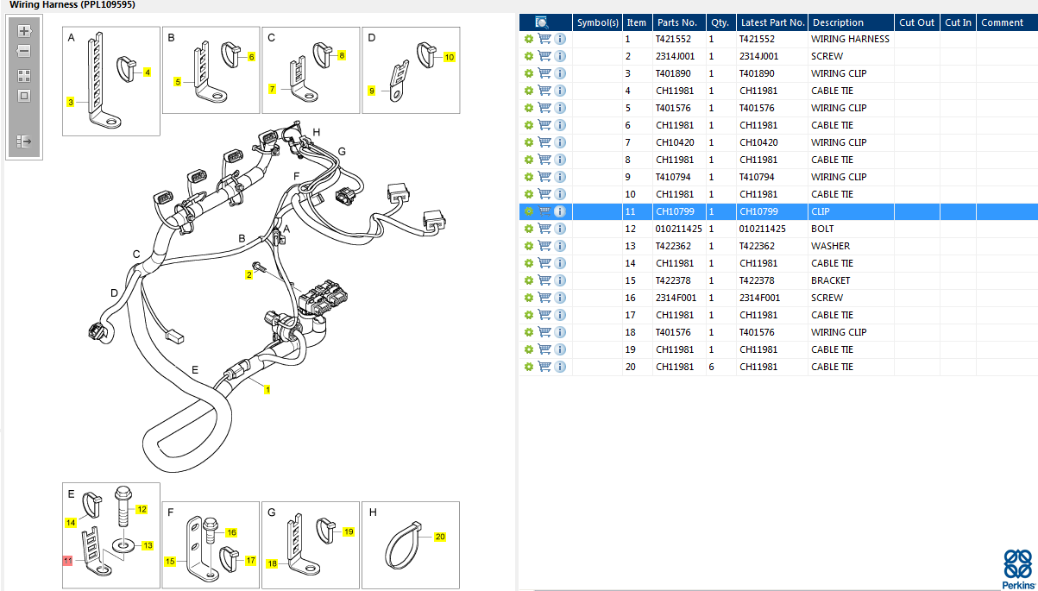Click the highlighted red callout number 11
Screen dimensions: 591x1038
68,560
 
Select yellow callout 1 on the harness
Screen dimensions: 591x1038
267,390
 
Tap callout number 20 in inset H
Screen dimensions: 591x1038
440,537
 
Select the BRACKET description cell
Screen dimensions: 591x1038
830,280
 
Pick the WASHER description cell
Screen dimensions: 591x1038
830,246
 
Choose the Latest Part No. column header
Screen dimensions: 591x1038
771,22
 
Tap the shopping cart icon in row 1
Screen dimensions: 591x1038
544,39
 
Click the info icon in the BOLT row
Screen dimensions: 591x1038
560,229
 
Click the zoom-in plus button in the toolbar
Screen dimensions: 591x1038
24,31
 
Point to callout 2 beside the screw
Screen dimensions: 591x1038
248,274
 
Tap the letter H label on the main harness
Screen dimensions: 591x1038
317,132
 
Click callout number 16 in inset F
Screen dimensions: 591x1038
231,532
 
